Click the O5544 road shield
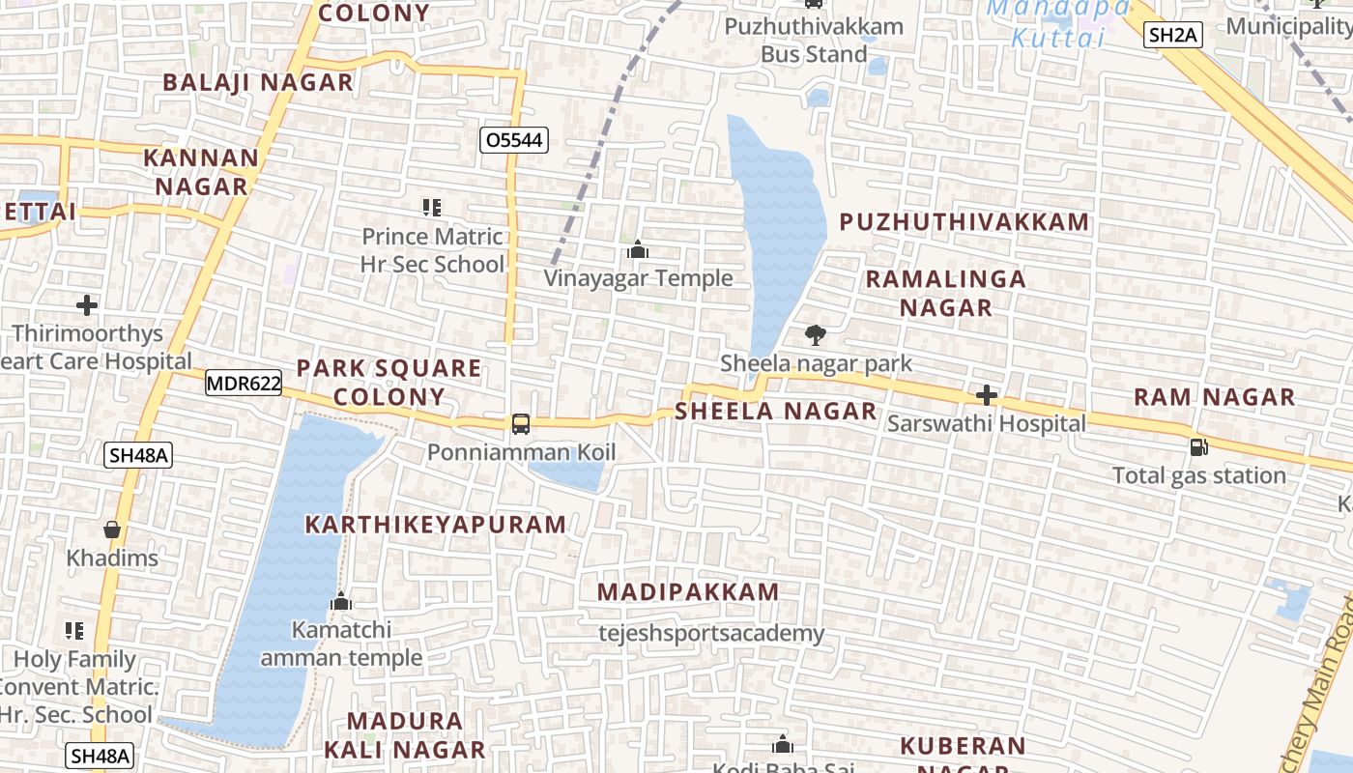coord(514,140)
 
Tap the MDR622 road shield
coord(244,384)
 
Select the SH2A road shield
coord(1172,36)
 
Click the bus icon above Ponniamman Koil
coord(520,423)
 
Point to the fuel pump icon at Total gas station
coord(1198,446)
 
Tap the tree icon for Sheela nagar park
coord(816,335)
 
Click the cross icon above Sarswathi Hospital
coord(986,395)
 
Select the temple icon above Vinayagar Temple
coord(637,250)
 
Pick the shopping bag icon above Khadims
coord(112,530)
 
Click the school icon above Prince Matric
coord(432,207)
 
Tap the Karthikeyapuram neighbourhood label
coord(435,525)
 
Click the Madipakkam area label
coord(688,592)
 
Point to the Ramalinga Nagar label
coord(945,293)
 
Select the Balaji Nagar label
coord(258,82)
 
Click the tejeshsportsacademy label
coord(711,634)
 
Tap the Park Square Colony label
coord(389,382)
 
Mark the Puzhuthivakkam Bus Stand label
coord(814,40)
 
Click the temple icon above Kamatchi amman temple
coord(340,601)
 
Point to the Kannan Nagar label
coord(201,171)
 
